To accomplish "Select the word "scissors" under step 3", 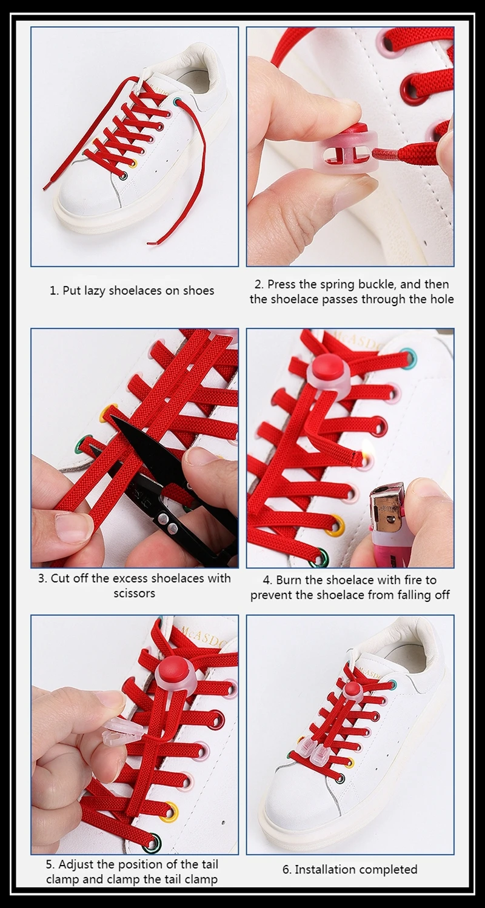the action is coord(134,593).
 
